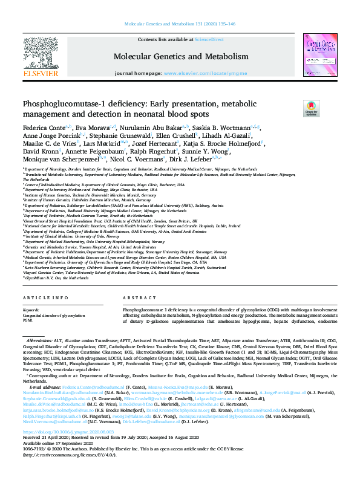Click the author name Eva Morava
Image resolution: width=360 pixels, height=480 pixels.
tap(88, 128)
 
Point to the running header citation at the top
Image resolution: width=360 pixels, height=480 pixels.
tap(180, 24)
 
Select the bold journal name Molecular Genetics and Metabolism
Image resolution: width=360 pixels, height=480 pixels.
tap(180, 56)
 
